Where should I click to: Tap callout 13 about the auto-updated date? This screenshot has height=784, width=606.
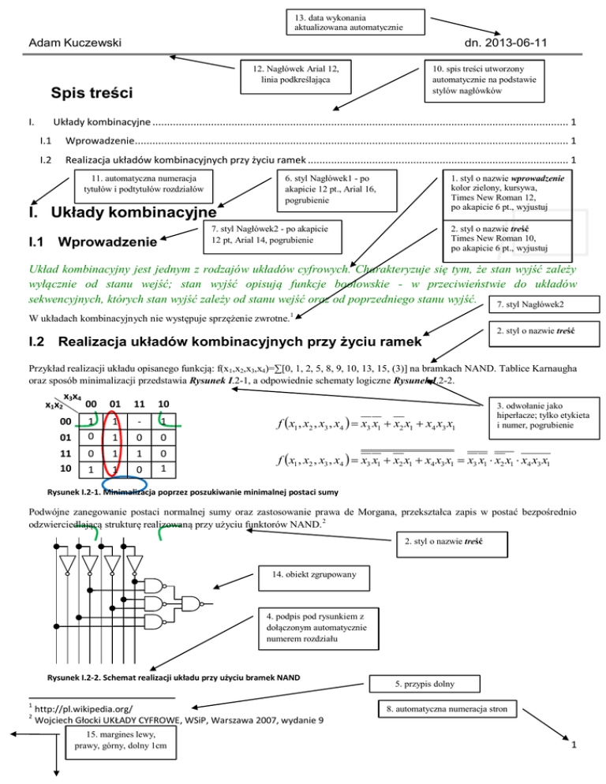pos(345,22)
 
